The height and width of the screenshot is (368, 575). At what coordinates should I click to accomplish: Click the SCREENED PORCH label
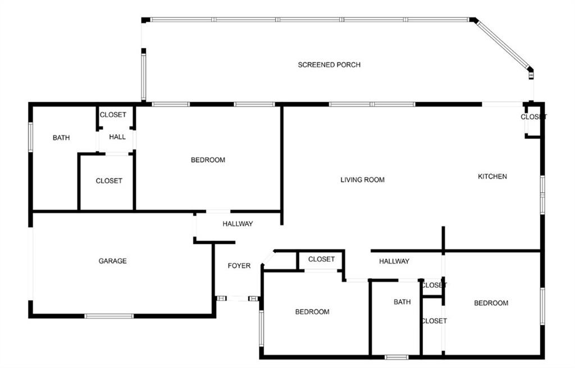tap(329, 65)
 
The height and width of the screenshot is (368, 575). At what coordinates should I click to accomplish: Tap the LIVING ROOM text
tap(362, 180)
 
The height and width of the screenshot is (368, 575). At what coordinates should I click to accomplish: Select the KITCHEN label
tap(492, 176)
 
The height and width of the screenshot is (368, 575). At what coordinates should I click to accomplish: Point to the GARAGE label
tap(112, 261)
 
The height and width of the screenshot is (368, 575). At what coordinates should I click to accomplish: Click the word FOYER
tap(239, 266)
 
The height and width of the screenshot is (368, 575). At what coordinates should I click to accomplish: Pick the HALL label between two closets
tap(117, 137)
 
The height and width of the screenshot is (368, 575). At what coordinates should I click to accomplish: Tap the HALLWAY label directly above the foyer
tap(238, 224)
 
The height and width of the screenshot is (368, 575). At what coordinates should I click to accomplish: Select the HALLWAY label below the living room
tap(394, 261)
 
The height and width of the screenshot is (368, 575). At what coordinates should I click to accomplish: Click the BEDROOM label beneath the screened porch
tap(208, 160)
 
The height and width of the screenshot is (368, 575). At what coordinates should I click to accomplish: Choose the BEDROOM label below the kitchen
tap(491, 303)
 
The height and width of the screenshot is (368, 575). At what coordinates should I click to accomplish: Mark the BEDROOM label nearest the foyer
tap(312, 312)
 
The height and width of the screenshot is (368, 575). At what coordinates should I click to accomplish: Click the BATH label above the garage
tap(61, 138)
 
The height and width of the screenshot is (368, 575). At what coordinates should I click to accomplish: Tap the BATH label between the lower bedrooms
tap(402, 302)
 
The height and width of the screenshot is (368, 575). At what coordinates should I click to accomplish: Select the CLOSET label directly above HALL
tap(113, 115)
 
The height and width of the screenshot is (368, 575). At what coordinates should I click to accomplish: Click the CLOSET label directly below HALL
tap(109, 181)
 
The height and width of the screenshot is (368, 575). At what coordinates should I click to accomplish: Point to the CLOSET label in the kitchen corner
tap(534, 117)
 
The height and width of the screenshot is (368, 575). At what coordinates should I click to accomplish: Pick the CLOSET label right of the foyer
tap(321, 259)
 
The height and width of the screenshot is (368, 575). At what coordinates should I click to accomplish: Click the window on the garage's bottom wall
tap(109, 316)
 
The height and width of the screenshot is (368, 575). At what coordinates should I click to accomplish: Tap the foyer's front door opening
tap(238, 299)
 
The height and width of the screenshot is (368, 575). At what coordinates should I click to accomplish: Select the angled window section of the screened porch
tap(503, 44)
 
